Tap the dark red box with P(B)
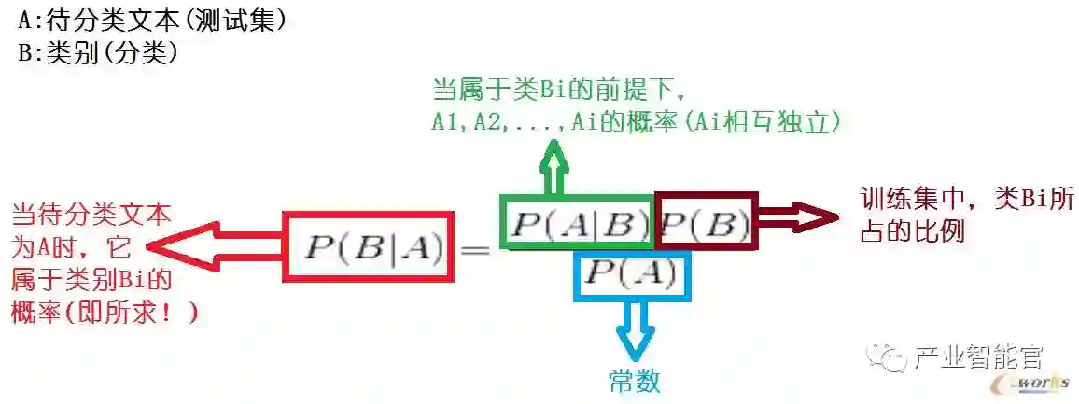pos(706,222)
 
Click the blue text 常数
pos(635,381)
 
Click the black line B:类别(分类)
pos(98,53)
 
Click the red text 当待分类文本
pos(91,216)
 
